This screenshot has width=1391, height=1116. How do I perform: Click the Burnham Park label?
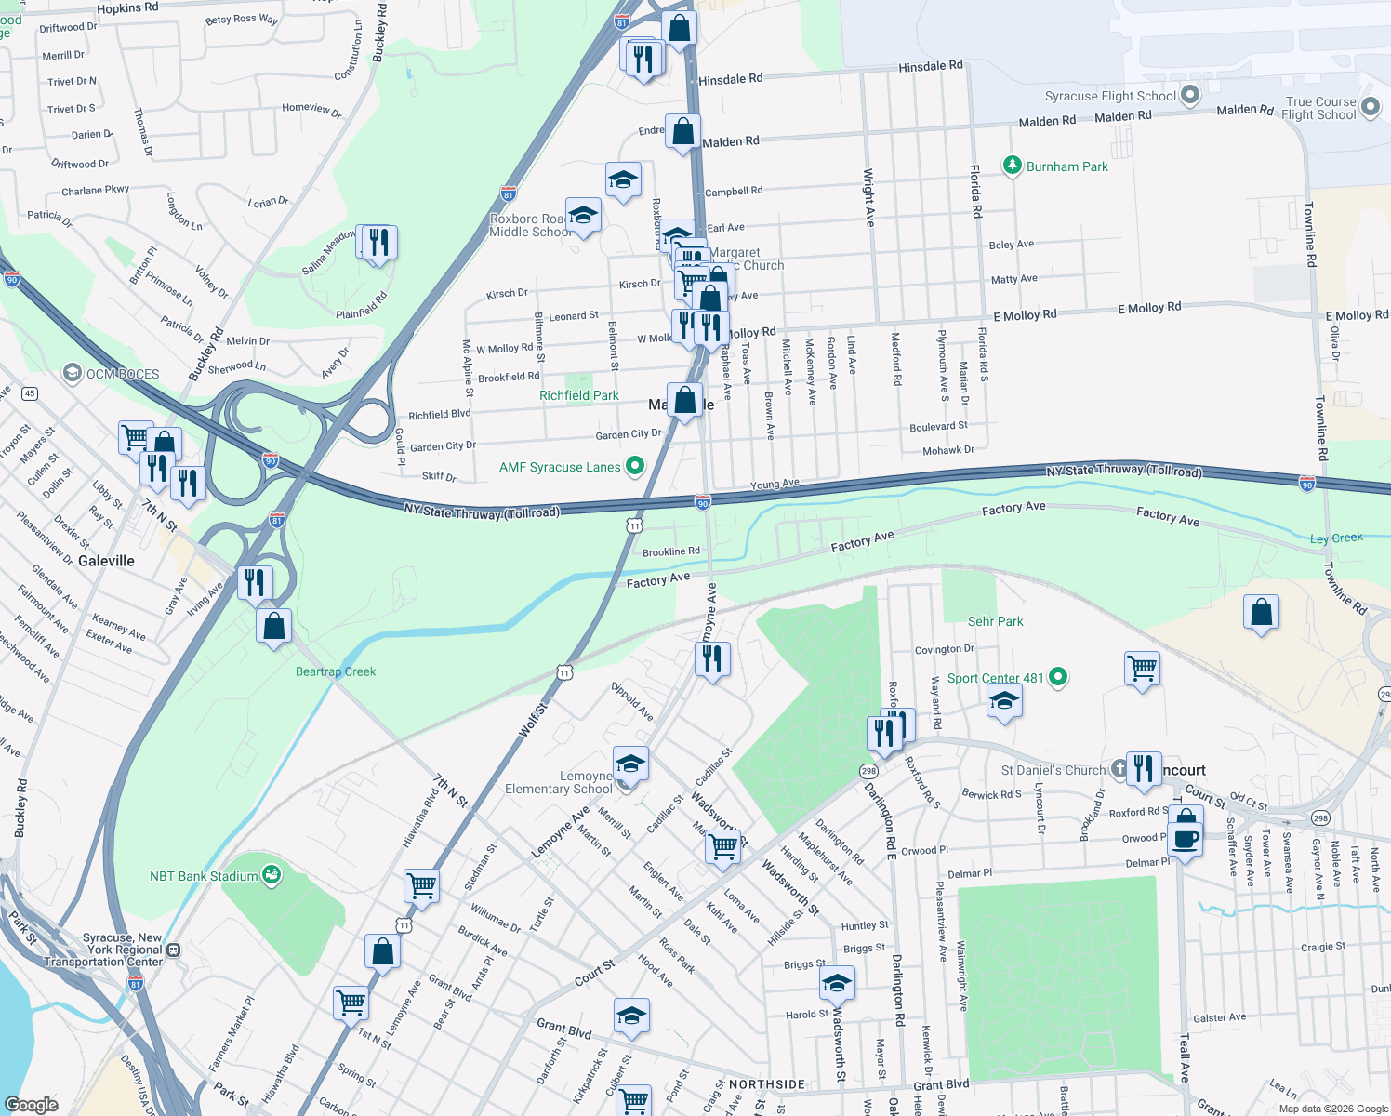click(1066, 166)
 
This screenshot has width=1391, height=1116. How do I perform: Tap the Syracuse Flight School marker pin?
click(1189, 95)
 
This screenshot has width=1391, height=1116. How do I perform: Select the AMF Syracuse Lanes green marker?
click(635, 466)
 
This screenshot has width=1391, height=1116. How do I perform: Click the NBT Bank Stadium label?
click(204, 876)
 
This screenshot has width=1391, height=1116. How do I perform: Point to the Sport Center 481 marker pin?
click(1058, 677)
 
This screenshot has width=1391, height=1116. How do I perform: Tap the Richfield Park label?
click(578, 395)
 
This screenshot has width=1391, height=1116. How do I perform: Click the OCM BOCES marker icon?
click(72, 373)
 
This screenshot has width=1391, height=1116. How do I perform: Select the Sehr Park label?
click(995, 621)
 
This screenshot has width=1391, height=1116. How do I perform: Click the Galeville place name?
click(106, 561)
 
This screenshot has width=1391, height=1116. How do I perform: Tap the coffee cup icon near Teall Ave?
click(1185, 839)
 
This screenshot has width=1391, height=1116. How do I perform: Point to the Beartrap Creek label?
click(336, 671)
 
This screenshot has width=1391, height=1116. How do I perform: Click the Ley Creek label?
click(1336, 538)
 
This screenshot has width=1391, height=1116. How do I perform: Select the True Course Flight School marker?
click(1371, 108)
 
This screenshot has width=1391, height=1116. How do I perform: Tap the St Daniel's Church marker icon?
click(1119, 769)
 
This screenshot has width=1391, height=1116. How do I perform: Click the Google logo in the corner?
click(31, 1105)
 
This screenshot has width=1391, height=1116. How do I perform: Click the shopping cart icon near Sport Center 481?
click(1142, 667)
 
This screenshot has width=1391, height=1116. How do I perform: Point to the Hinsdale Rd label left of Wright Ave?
click(730, 79)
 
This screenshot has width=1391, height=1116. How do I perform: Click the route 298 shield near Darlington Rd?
click(868, 771)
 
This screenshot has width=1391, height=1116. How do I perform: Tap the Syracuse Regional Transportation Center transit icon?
click(173, 950)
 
